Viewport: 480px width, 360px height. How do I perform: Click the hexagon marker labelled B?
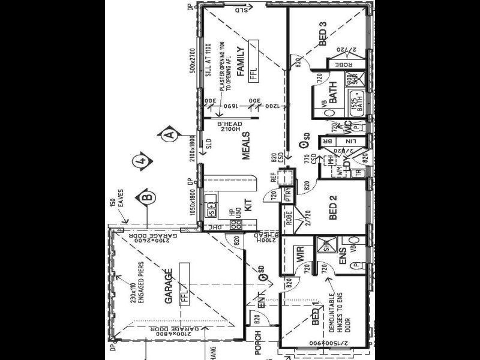(x=145, y=197)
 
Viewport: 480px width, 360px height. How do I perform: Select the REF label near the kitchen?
(x=274, y=177)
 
